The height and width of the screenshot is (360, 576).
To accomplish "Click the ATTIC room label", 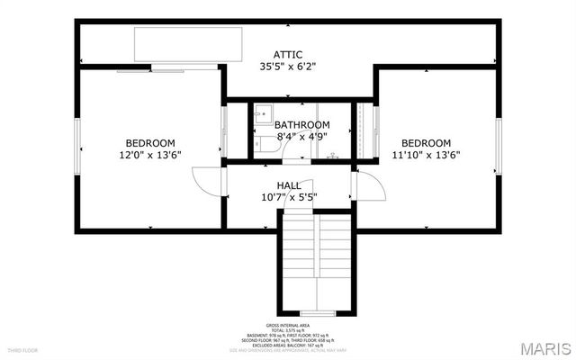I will tap(288, 54).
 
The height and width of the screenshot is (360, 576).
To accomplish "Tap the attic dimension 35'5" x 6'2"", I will tap(288, 66).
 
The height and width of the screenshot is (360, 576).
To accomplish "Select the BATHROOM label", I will tap(301, 124).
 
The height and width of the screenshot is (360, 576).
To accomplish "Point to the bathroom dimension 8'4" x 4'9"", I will tap(301, 137).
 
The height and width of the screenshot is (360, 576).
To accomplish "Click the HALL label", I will tap(289, 184).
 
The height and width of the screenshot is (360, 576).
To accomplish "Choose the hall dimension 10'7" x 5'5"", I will tap(289, 197).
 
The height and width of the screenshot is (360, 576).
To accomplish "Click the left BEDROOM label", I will tap(150, 143).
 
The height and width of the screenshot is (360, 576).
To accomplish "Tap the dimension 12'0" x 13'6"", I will tap(150, 155).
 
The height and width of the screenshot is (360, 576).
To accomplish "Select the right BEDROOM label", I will tap(426, 143).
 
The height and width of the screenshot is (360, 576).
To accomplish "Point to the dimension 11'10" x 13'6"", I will tap(426, 155).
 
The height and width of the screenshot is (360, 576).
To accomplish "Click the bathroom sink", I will tap(262, 113).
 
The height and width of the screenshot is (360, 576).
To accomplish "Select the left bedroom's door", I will tap(207, 180).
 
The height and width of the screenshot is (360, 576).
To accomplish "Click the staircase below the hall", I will tap(318, 261).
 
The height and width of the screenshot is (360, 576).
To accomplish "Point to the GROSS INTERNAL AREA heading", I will tap(288, 325).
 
